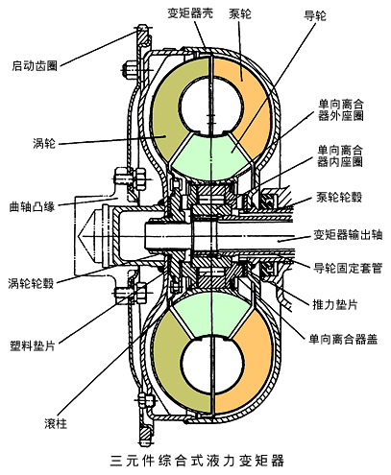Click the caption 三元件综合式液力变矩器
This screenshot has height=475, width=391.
tap(198, 459)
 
